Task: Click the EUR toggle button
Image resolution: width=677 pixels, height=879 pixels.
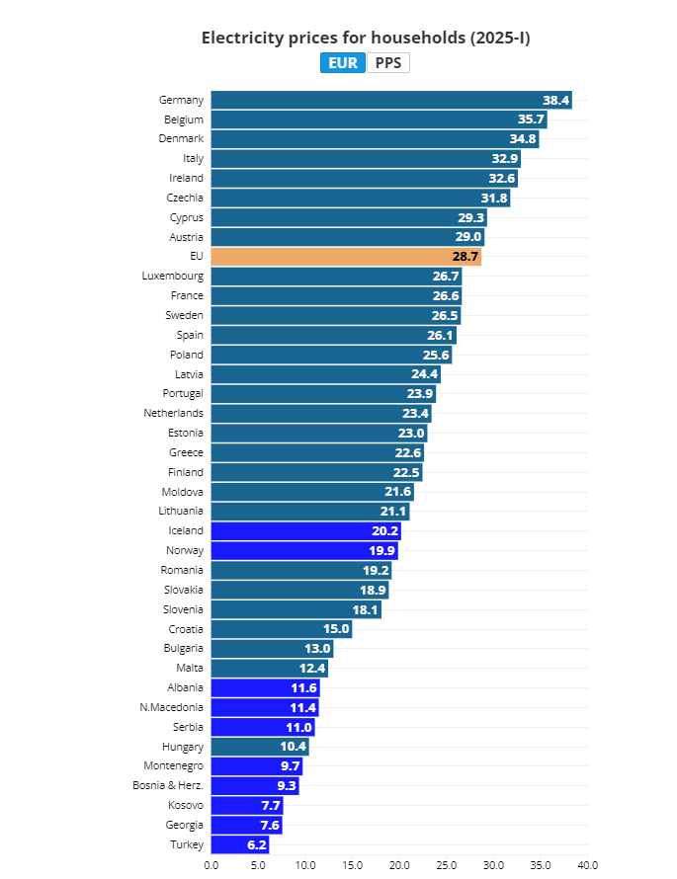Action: [x=342, y=63]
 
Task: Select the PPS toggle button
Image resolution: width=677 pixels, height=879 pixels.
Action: [x=388, y=63]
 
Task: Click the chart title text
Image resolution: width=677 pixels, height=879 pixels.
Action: [x=366, y=38]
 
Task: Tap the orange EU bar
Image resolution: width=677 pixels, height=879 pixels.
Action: [x=346, y=257]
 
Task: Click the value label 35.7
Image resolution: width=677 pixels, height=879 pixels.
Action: [x=531, y=120]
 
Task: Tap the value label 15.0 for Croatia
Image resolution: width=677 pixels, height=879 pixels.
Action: [x=336, y=629]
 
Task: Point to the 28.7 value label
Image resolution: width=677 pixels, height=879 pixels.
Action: [x=465, y=257]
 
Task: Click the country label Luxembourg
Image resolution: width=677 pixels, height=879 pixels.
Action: [x=173, y=277]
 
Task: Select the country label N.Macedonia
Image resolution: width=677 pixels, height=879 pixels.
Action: [x=172, y=707]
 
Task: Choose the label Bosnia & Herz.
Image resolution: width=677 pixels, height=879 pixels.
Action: [x=168, y=786]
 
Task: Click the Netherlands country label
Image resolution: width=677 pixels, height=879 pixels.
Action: [x=173, y=413]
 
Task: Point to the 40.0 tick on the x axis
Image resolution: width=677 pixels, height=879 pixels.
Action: [x=587, y=865]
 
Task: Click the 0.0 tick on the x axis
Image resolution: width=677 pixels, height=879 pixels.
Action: [x=212, y=865]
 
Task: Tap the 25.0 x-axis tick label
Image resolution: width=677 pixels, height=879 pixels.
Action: [x=447, y=865]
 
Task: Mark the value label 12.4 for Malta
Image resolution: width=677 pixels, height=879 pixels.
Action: [x=311, y=669]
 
